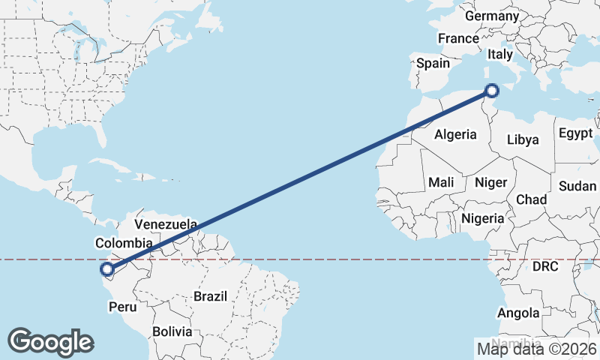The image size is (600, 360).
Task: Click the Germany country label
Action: [492, 16]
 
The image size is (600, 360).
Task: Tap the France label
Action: [458, 38]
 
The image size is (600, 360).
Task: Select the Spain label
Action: [433, 64]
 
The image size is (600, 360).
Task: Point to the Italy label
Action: [500, 55]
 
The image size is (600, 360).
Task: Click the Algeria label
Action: [455, 134]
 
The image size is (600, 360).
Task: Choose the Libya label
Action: [523, 139]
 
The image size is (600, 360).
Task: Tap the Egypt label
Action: [575, 134]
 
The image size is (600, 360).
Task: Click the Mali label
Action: [441, 182]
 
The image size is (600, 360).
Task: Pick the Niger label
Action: [491, 182]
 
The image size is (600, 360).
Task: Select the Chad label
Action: [531, 199]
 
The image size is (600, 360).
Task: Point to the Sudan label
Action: [577, 186]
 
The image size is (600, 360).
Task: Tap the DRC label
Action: [547, 267]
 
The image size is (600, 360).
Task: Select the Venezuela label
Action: [166, 224]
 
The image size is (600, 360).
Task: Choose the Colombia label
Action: [124, 243]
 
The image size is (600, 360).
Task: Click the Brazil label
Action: [210, 296]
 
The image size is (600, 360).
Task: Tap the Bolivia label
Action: [172, 331]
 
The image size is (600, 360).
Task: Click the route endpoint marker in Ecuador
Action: [108, 269]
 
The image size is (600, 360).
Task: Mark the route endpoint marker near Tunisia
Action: [492, 91]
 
